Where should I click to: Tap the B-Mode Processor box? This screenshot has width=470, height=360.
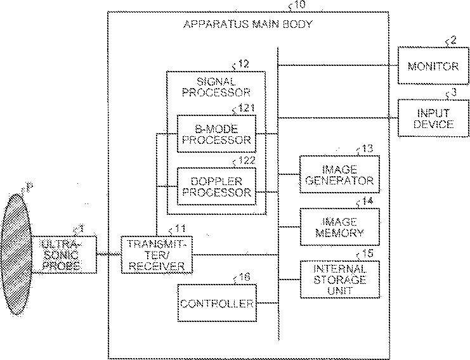[x=216, y=134]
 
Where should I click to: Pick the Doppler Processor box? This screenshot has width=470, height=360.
[x=216, y=186]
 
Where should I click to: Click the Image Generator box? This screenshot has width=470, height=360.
[x=339, y=174]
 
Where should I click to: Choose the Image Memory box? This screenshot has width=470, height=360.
[x=339, y=226]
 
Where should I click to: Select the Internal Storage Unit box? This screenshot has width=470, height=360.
[x=339, y=279]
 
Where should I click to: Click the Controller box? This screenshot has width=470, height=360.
[x=216, y=303]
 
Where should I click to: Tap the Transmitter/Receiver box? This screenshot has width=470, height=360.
[x=155, y=254]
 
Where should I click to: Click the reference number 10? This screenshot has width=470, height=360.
[x=299, y=5]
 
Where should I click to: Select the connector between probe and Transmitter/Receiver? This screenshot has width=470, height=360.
[x=108, y=254]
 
